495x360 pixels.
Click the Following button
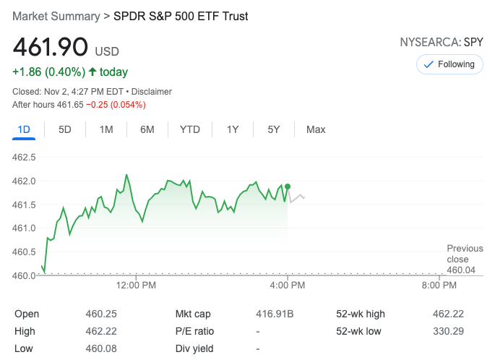tap(449, 64)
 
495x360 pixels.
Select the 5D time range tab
tap(65, 129)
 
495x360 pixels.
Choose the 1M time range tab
tap(106, 129)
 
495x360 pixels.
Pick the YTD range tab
tap(190, 129)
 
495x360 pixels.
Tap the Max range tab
tap(316, 129)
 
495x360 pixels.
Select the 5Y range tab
tap(274, 129)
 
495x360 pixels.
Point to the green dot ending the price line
tap(288, 187)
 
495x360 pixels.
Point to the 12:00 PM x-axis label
tap(136, 285)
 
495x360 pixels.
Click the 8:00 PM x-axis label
tap(439, 285)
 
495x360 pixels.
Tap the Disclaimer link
tap(152, 92)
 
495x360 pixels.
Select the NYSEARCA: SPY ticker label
tap(441, 42)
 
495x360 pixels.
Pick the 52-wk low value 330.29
tap(448, 331)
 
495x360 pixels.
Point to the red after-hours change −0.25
tap(99, 105)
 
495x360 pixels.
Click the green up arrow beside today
tap(92, 72)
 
